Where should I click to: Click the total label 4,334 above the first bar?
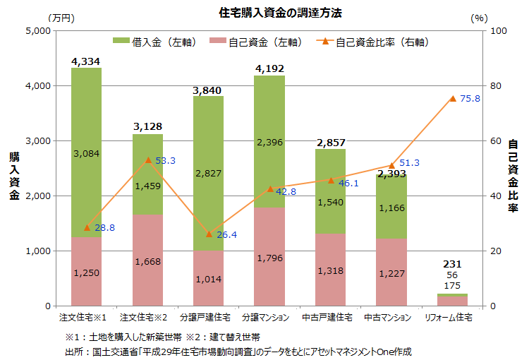(x=85, y=61)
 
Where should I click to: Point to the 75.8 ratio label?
(x=470, y=99)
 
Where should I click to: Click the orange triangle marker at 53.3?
(x=148, y=160)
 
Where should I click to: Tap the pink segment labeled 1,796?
(x=270, y=256)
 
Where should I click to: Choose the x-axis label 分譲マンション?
(x=270, y=318)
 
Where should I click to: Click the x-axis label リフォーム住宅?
(x=453, y=318)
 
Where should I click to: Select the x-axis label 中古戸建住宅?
(x=331, y=318)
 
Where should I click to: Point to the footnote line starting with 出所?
(x=237, y=351)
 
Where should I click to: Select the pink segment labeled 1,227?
(x=391, y=272)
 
